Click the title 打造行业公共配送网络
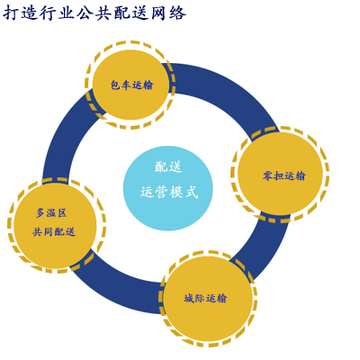coord(94,13)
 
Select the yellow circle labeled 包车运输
coord(130,85)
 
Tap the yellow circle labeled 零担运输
coord(280,175)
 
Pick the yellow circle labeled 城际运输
coord(208,299)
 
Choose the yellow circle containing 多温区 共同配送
coord(56,225)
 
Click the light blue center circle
coord(168,188)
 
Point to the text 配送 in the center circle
coord(168,166)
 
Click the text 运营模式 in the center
coord(169,192)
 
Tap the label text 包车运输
coord(132,85)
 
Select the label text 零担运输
coord(283,175)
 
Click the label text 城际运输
coord(205,298)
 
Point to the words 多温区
coord(51,212)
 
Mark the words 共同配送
coord(54,231)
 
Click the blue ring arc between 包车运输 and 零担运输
coord(228,87)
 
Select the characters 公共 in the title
coord(94,13)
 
